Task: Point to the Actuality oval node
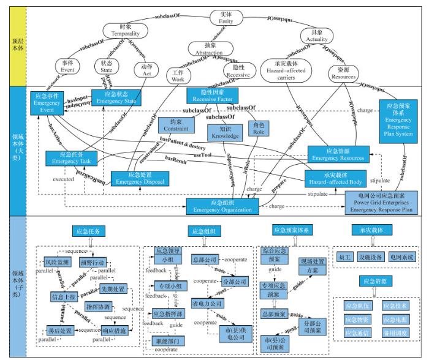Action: point(317,36)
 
